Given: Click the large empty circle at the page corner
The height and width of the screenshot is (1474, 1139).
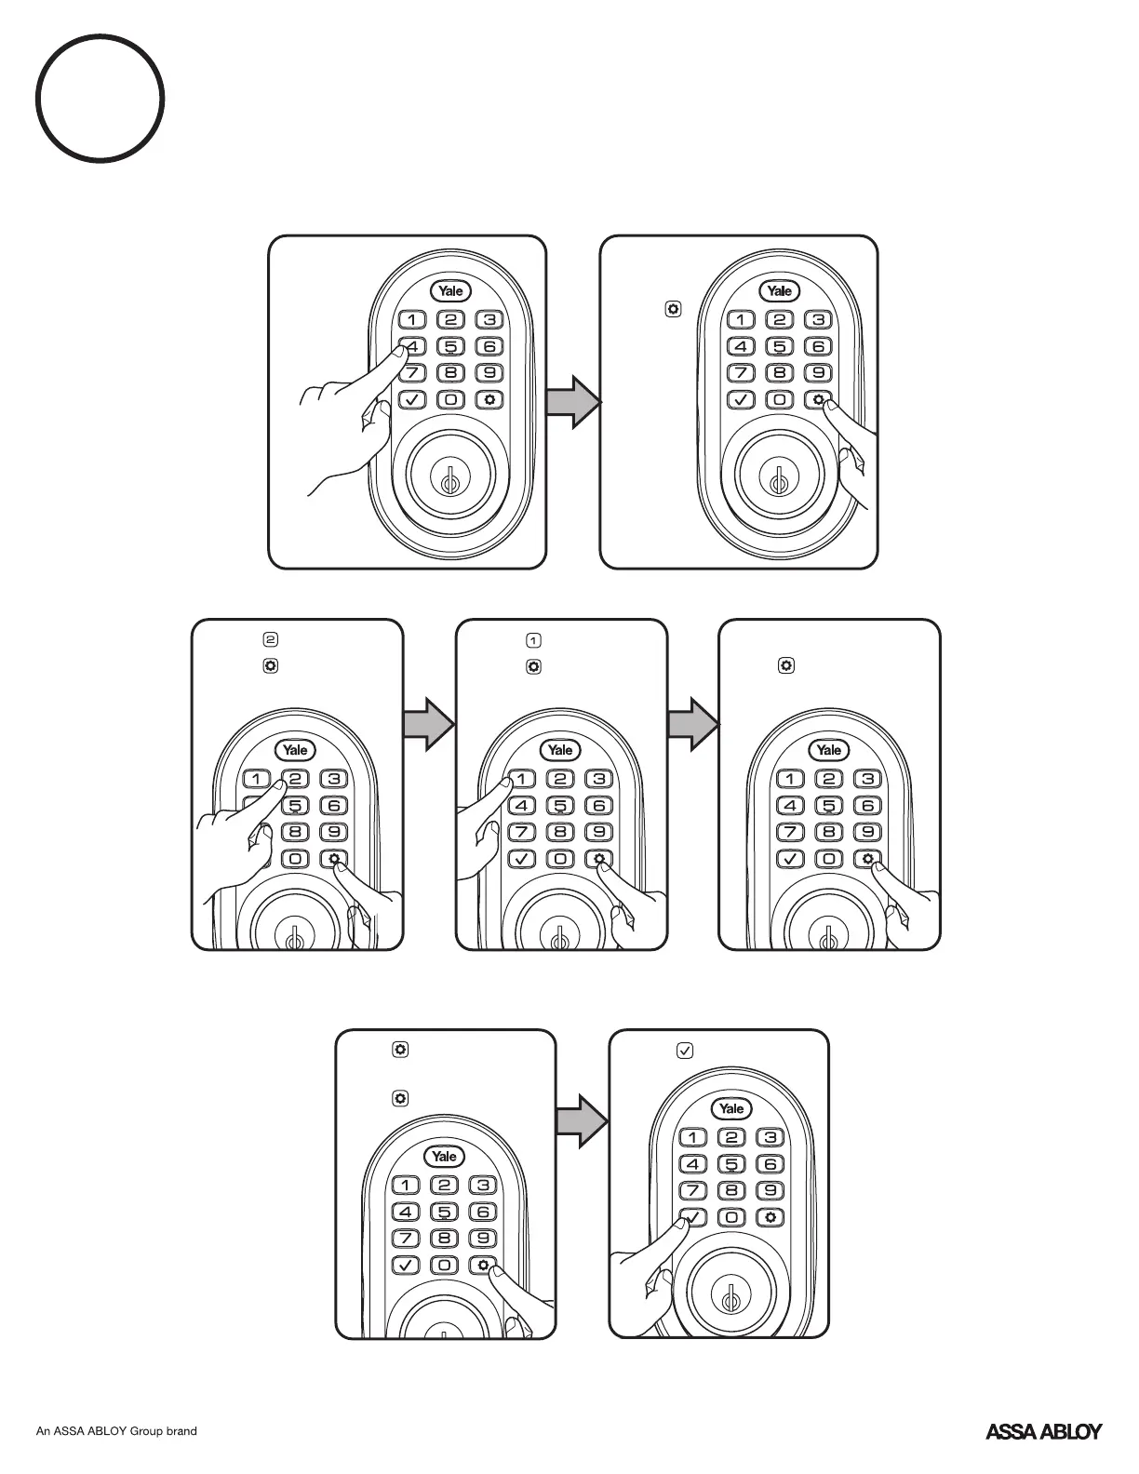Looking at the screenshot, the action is tap(100, 99).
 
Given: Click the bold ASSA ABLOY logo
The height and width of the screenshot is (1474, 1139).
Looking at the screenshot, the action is tap(1043, 1431).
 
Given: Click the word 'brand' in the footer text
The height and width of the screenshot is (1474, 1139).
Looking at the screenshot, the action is tap(181, 1431).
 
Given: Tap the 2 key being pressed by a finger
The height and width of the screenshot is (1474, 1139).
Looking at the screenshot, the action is tap(294, 780).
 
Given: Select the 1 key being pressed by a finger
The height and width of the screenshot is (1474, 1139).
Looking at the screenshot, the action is tap(521, 780).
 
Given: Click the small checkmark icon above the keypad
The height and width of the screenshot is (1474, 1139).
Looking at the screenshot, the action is tap(684, 1051).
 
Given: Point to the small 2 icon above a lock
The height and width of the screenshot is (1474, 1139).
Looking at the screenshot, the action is tap(271, 640).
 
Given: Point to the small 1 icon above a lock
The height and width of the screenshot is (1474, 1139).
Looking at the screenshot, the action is tap(533, 640).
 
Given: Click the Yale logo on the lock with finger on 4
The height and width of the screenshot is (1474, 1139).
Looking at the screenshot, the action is tap(451, 291).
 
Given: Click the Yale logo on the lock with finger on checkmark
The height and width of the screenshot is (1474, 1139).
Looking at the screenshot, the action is tap(731, 1108).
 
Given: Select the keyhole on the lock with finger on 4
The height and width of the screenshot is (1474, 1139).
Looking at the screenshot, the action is tap(449, 484).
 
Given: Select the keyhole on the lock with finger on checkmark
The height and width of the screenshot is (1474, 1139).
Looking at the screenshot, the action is tap(730, 1297).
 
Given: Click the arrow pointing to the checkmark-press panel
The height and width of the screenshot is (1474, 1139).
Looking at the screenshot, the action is tap(582, 1120).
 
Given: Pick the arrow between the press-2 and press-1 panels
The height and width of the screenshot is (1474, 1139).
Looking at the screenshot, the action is tap(429, 723).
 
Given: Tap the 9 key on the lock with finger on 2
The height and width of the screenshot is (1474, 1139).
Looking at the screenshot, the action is tap(333, 832).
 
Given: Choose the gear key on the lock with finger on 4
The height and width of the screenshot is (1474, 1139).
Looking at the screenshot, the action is tap(489, 400).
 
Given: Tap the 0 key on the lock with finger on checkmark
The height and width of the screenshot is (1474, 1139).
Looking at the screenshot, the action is tap(731, 1217).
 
